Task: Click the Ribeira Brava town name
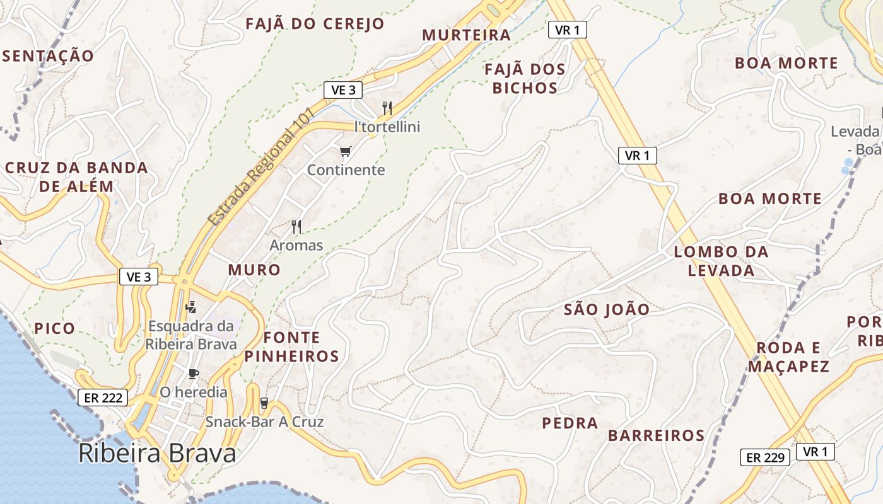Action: click(157, 454)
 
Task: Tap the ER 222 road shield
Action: click(103, 398)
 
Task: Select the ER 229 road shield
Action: click(764, 457)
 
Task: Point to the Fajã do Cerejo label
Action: click(315, 24)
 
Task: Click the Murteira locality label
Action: click(466, 35)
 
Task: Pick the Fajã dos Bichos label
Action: click(525, 79)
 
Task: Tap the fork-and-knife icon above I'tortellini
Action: click(387, 108)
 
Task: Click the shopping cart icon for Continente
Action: click(345, 151)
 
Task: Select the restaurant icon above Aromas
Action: click(296, 226)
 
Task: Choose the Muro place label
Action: click(254, 270)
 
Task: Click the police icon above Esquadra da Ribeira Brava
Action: click(191, 307)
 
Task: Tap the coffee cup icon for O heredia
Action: click(194, 374)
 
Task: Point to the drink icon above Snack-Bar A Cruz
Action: click(264, 403)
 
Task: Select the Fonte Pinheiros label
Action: click(291, 347)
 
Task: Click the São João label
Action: click(606, 310)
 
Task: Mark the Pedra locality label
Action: click(570, 423)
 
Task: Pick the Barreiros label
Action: click(656, 436)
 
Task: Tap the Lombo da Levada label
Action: click(721, 261)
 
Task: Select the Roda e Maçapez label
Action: click(788, 357)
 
